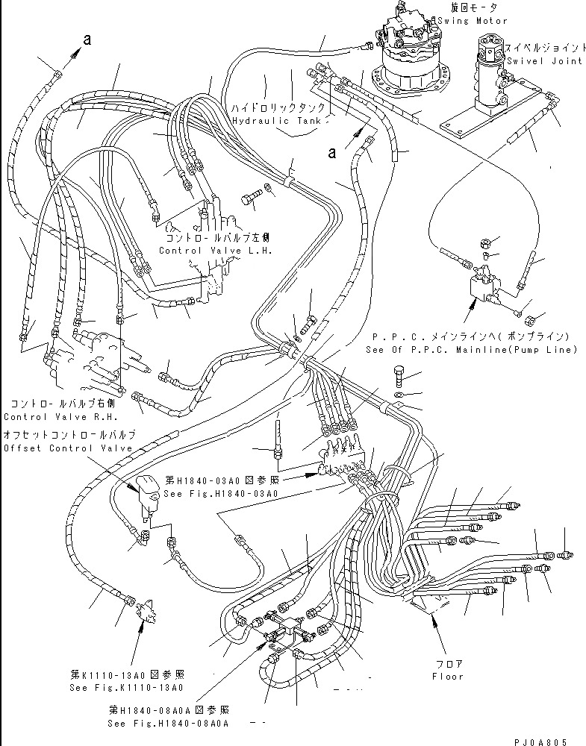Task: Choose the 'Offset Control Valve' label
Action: click(68, 448)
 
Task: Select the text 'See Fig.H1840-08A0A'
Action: click(168, 723)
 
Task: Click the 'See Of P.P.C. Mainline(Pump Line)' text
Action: click(471, 349)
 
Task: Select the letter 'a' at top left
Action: click(87, 42)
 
